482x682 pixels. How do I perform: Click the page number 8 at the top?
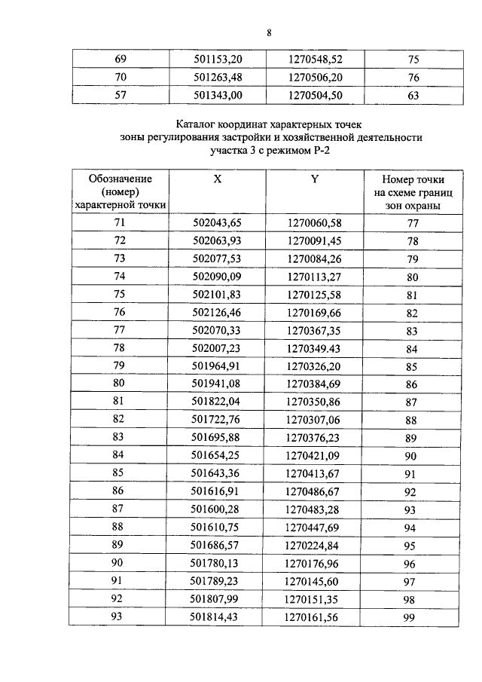click(x=268, y=32)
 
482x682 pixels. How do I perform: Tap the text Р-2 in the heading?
click(x=320, y=151)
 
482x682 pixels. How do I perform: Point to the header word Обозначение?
click(x=120, y=179)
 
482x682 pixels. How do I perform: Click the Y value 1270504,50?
click(x=314, y=95)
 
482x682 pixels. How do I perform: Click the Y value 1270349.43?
click(x=314, y=349)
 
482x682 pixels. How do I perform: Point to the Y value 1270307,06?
click(x=314, y=421)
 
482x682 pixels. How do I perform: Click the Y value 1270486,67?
click(x=314, y=493)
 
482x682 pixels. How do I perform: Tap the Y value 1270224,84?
click(x=314, y=546)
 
